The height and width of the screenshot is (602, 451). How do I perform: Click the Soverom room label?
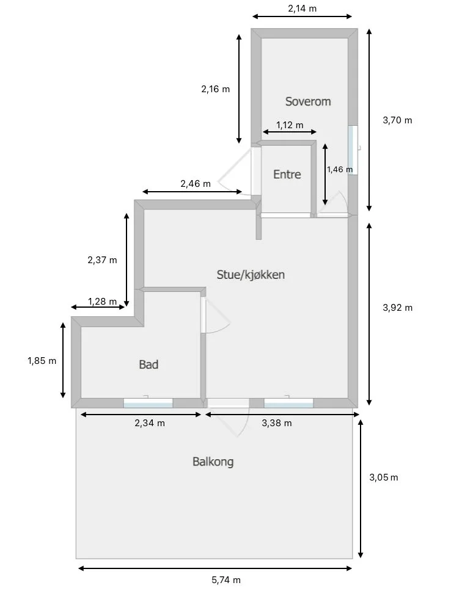(x=308, y=101)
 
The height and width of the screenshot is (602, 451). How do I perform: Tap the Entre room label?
(x=287, y=174)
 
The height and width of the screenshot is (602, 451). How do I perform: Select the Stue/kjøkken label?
(x=251, y=275)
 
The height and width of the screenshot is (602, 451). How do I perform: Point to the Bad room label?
(x=148, y=364)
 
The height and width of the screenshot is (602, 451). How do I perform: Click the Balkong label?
(x=213, y=462)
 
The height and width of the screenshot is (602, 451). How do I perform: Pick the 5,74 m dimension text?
(x=226, y=580)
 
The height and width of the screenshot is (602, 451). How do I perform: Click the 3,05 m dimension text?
(x=383, y=477)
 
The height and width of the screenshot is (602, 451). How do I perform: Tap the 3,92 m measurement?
(x=398, y=308)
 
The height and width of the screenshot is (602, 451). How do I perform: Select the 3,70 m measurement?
(x=397, y=120)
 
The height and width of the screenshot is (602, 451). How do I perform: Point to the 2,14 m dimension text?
(x=302, y=9)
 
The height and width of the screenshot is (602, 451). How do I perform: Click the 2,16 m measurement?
(x=216, y=89)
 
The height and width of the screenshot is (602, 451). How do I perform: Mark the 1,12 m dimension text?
(x=290, y=125)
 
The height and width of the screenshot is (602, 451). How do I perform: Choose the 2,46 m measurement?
(x=196, y=184)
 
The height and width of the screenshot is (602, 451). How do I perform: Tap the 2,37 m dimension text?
(x=102, y=260)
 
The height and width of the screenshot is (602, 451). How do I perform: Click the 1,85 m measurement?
(x=42, y=360)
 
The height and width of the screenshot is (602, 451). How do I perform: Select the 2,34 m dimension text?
(x=150, y=423)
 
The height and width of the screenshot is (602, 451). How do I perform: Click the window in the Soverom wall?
(x=352, y=150)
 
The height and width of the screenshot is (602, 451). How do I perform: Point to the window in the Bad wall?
(x=148, y=403)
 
